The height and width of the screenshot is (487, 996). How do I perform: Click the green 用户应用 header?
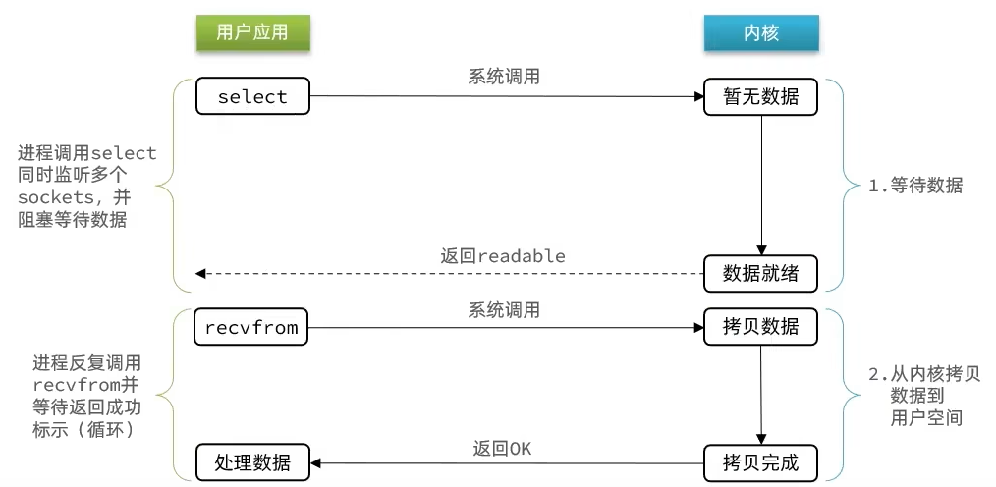tap(252, 32)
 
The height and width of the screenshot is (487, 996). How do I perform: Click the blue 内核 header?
tap(761, 32)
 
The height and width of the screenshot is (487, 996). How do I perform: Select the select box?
tap(252, 97)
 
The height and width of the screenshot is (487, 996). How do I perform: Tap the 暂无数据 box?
tap(761, 97)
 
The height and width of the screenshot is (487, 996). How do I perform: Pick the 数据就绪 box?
tap(761, 274)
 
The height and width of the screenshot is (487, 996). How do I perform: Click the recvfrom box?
tap(251, 327)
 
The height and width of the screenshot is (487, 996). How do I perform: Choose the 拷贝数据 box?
tap(761, 327)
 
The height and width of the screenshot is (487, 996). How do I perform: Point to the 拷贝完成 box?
tap(761, 461)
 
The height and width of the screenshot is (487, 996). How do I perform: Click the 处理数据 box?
tap(252, 461)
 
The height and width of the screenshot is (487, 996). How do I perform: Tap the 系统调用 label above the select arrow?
tap(504, 77)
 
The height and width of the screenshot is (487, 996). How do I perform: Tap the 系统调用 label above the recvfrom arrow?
tap(504, 309)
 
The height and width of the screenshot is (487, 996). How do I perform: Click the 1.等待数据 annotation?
tap(914, 186)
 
